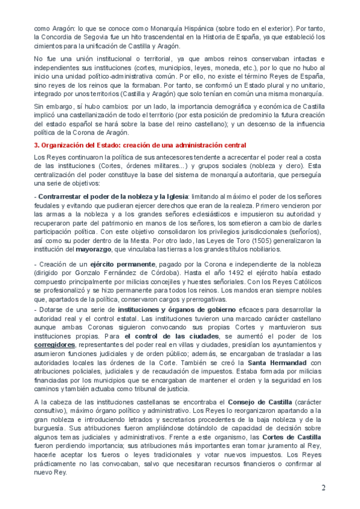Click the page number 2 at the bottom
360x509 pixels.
pyautogui.click(x=323, y=487)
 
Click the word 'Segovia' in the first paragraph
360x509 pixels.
pyautogui.click(x=88, y=37)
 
